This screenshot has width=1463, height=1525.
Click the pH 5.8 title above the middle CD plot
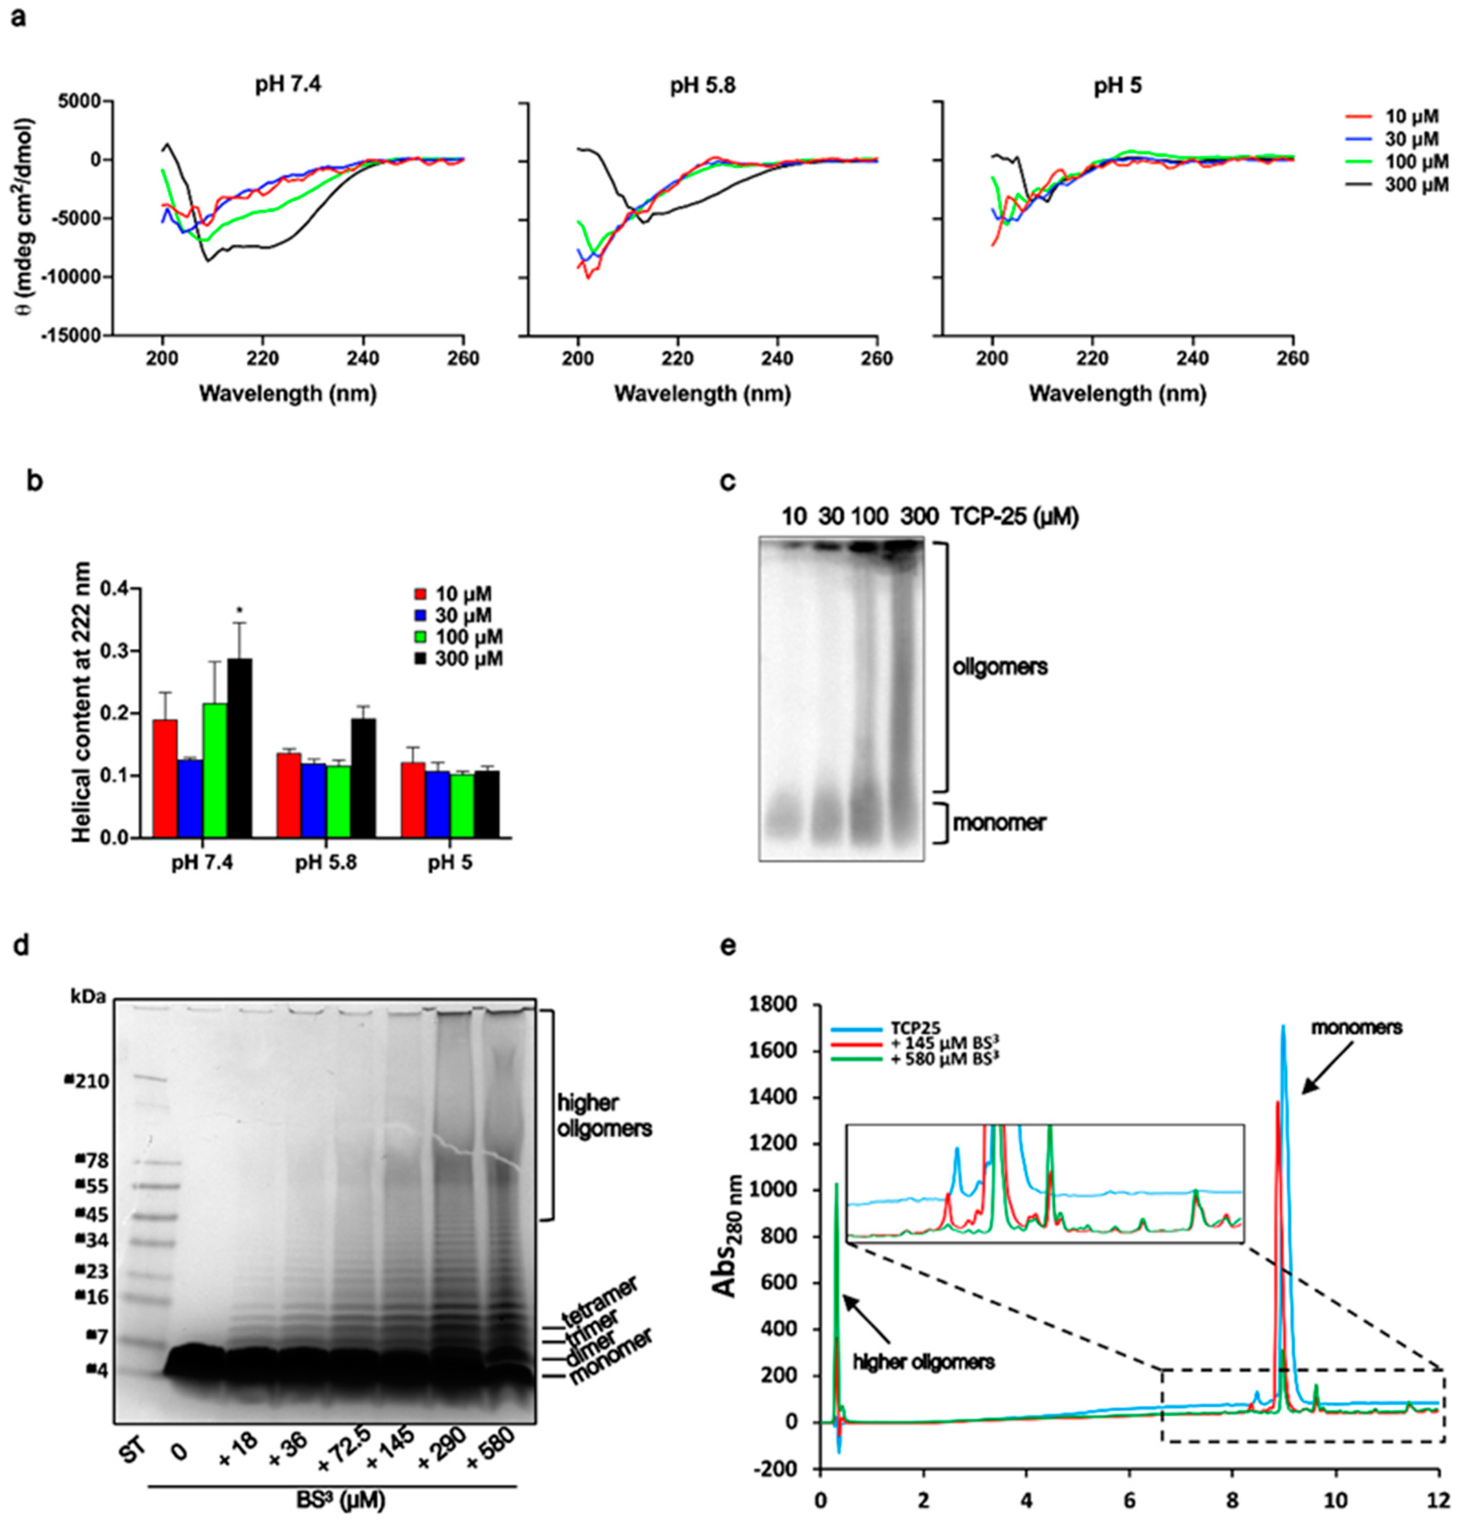coord(702,87)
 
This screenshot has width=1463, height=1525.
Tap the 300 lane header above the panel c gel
coord(918,516)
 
